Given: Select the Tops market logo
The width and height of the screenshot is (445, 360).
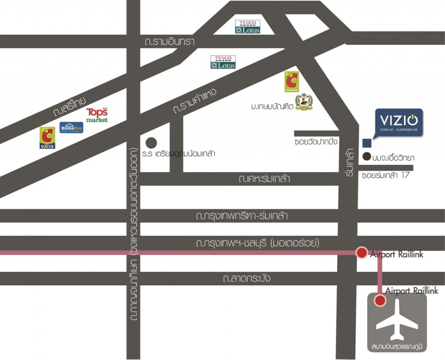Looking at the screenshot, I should point(96,115).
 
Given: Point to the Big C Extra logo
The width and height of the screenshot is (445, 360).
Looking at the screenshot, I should point(47,138).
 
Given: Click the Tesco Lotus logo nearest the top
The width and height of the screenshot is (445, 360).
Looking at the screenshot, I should point(248,27).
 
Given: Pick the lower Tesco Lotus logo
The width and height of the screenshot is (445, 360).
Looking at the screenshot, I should point(223,62).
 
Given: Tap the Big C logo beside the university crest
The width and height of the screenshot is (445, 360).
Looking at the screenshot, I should point(292,82).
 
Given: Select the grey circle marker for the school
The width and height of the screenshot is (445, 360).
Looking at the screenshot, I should point(151,142).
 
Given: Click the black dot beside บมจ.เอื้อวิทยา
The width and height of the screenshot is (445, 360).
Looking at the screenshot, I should point(367,156).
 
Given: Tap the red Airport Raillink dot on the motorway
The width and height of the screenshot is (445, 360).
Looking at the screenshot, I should point(361,252).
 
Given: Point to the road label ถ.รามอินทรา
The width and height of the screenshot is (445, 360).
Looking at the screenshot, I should point(169,42).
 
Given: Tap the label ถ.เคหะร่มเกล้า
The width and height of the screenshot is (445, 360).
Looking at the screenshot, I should point(264,179).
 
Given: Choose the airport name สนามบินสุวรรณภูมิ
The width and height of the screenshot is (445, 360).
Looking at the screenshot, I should point(397,347).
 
